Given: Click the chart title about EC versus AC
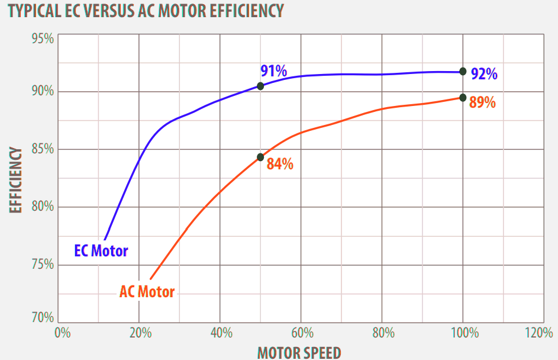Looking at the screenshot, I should (x=144, y=10).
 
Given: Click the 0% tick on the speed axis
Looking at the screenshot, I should (x=62, y=333).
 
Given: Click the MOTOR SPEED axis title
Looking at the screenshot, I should (x=299, y=352).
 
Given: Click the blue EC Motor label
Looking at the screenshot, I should (x=101, y=250).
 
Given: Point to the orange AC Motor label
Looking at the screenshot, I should (x=147, y=291).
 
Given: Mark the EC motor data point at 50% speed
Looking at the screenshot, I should (x=260, y=86).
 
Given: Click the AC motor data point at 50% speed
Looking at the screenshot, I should (x=260, y=157).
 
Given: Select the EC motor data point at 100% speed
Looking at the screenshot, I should (x=463, y=71).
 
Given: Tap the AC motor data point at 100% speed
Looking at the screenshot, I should (x=463, y=97).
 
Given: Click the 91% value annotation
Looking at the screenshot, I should (x=273, y=72).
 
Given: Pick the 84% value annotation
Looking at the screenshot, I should (x=280, y=164).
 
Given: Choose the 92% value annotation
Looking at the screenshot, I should (x=484, y=74).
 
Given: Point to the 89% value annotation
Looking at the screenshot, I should (x=482, y=102).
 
